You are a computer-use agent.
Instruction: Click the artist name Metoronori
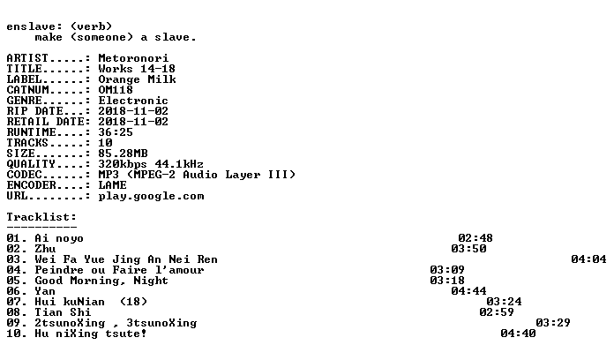(x=133, y=58)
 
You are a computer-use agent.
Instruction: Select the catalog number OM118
(x=116, y=90)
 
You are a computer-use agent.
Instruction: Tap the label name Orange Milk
(x=137, y=79)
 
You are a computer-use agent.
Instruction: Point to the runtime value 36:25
(x=116, y=132)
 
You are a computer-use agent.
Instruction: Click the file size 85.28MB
(x=123, y=154)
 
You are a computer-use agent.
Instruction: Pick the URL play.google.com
(x=151, y=196)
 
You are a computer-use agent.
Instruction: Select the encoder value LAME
(x=112, y=185)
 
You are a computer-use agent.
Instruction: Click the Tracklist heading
(x=41, y=217)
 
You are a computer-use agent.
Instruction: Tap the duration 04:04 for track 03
(x=588, y=259)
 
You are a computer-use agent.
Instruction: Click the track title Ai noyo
(x=59, y=238)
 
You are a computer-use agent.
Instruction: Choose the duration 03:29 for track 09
(x=553, y=323)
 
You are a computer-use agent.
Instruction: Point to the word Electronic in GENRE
(x=133, y=101)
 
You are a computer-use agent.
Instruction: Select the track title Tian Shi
(x=63, y=311)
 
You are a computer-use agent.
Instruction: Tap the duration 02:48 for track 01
(x=475, y=237)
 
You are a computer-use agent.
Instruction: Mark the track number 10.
(x=14, y=334)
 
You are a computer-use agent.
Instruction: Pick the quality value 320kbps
(x=123, y=164)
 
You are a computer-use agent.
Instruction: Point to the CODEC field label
(x=25, y=175)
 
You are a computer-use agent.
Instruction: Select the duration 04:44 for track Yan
(x=468, y=290)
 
